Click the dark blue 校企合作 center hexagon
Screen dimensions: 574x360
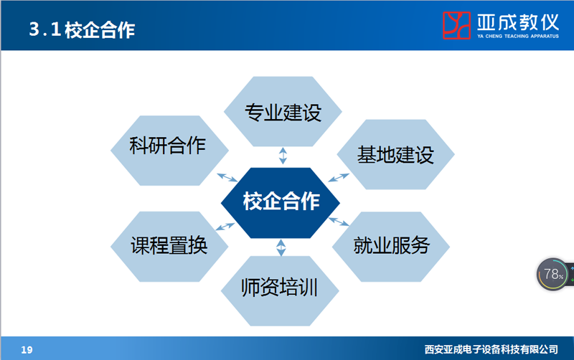[281, 203]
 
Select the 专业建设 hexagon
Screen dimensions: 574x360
[283, 112]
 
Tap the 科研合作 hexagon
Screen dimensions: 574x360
[169, 151]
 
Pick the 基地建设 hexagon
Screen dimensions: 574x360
[396, 154]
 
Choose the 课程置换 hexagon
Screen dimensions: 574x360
[169, 247]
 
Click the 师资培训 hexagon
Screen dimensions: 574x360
[280, 291]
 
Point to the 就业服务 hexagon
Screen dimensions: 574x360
[391, 247]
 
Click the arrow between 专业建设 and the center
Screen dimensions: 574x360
[283, 156]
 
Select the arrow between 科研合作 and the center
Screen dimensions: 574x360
[227, 177]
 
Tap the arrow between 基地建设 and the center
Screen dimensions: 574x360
[339, 177]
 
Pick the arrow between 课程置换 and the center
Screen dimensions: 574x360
[225, 227]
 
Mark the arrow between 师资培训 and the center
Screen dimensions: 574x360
[281, 247]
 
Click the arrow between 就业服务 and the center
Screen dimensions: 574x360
[339, 222]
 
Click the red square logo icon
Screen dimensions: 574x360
[456, 25]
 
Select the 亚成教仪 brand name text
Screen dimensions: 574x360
[518, 22]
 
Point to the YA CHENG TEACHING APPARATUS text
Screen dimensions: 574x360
[518, 37]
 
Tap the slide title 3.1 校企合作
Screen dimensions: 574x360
[82, 29]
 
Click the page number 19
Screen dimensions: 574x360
[27, 350]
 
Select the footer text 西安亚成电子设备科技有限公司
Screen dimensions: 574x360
[491, 350]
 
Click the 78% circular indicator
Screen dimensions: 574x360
[552, 275]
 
